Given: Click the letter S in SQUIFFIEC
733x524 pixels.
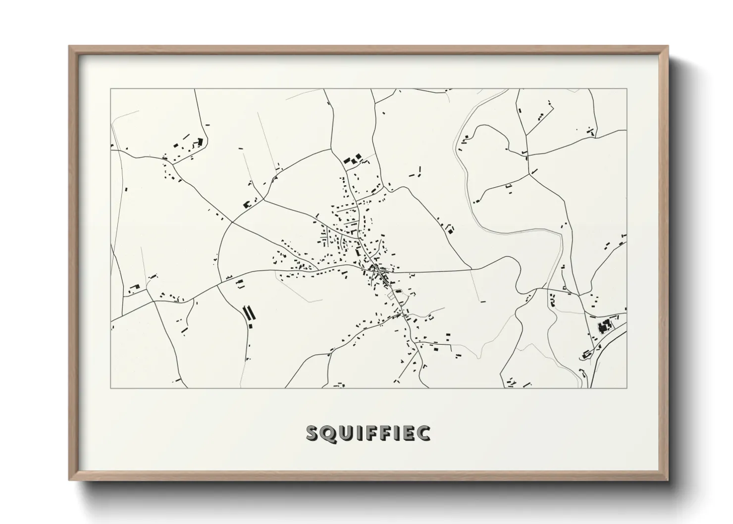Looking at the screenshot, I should [x=312, y=433].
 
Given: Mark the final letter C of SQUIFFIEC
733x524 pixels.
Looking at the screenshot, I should [x=423, y=433].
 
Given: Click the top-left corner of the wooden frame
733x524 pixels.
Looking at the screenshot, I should [x=69, y=47].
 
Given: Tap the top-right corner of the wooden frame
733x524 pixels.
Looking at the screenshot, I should [x=668, y=47].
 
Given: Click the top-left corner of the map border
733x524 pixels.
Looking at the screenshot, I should [x=110, y=89].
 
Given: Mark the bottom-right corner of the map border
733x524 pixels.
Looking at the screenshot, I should [x=627, y=388].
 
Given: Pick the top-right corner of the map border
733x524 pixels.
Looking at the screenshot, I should [x=627, y=89].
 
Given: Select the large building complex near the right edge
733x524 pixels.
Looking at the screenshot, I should [x=604, y=326].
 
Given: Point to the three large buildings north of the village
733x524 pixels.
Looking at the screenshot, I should [x=352, y=159].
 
